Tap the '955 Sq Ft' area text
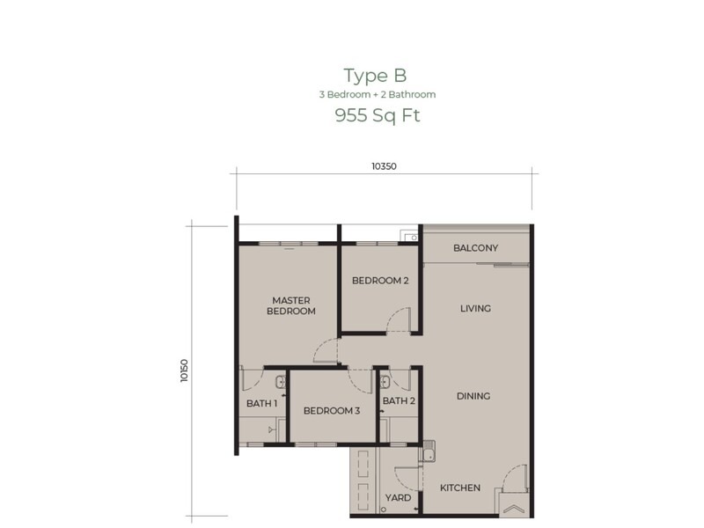[x=377, y=115]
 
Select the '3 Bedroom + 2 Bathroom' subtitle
[x=377, y=94]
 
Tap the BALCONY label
[x=475, y=248]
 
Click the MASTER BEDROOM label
[x=291, y=305]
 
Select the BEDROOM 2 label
[x=380, y=282]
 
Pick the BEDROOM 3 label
[x=332, y=411]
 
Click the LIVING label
[x=475, y=309]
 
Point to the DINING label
[x=473, y=397]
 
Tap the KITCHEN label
[x=460, y=488]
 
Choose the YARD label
[x=398, y=498]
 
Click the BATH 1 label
[x=261, y=403]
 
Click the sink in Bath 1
[x=278, y=381]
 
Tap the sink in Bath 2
[x=385, y=380]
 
